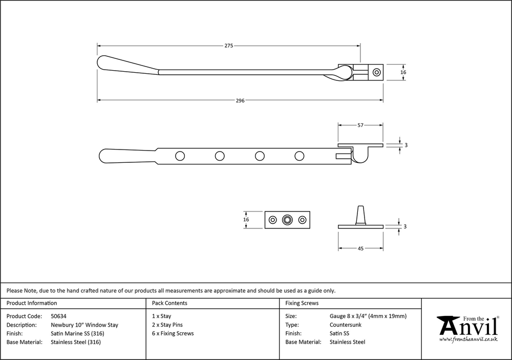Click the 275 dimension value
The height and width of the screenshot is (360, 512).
[229, 46]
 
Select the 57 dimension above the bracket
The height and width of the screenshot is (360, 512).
[360, 125]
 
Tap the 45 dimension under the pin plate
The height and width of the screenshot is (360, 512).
[360, 248]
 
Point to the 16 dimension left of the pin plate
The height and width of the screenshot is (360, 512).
[246, 220]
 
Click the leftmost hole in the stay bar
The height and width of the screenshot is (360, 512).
[180, 156]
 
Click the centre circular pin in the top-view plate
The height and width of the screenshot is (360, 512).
[288, 220]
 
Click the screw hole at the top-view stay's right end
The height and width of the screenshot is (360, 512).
[377, 72]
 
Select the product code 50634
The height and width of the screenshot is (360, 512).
[59, 316]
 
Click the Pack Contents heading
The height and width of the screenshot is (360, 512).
[169, 303]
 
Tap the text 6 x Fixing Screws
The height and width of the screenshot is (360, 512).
[173, 333]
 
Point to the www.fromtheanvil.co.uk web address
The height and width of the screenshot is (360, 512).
[468, 340]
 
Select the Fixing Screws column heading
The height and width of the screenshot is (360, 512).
[302, 303]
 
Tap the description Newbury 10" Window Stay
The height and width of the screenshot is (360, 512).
[84, 325]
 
